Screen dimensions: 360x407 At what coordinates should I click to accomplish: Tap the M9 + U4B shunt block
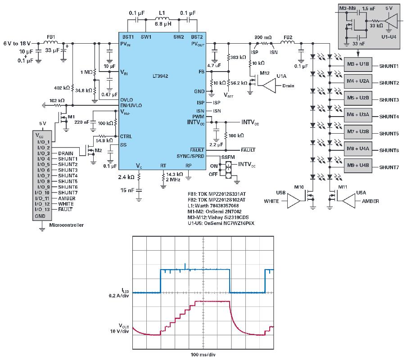358,166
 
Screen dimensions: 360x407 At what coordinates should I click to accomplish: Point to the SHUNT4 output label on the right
390,117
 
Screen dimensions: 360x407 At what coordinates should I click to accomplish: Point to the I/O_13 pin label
44,209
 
